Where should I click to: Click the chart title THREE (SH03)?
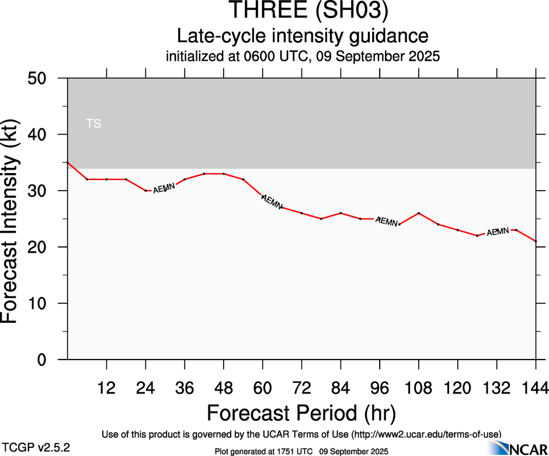coord(303,11)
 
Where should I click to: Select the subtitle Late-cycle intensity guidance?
coord(303,36)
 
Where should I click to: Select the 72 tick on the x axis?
coord(301,388)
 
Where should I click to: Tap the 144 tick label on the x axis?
coord(536,388)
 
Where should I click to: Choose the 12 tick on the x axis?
coord(106,388)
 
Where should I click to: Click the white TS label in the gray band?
coord(93,124)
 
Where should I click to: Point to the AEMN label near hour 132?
coord(498,232)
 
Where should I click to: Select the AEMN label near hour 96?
coord(387,221)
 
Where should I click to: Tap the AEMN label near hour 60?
coord(272,201)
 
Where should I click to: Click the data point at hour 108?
coord(419,213)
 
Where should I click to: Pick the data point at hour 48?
coord(224,174)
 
